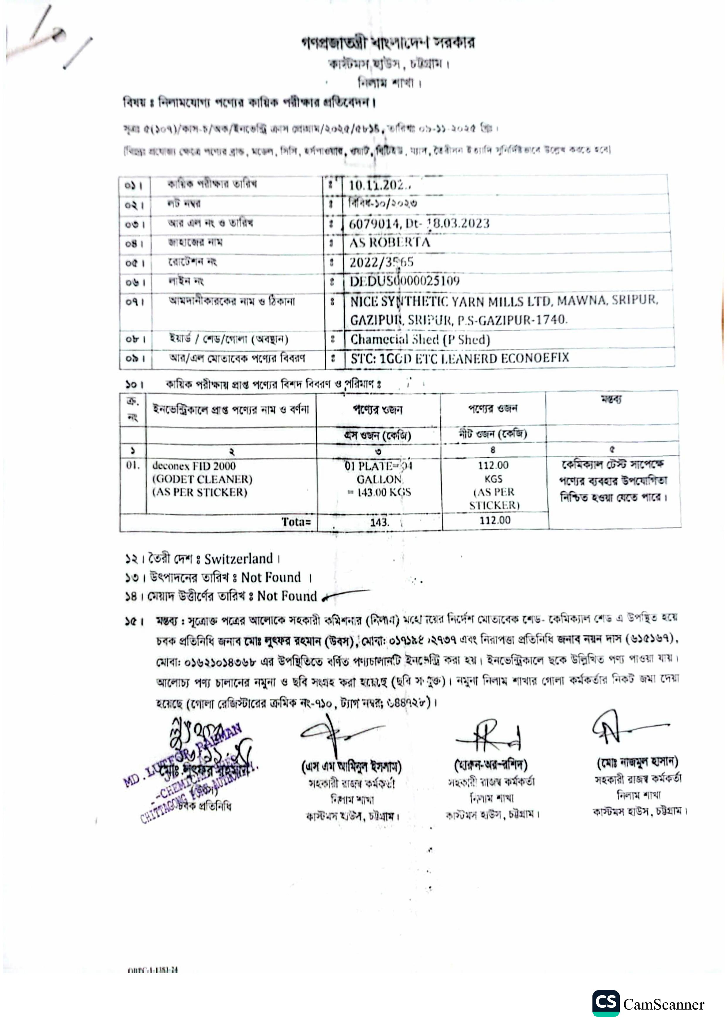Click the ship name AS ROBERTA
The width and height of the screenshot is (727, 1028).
pyautogui.click(x=390, y=243)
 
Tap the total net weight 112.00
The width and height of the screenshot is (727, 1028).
pyautogui.click(x=495, y=520)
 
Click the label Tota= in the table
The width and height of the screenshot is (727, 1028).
pyautogui.click(x=296, y=521)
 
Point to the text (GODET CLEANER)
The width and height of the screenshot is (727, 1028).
pyautogui.click(x=202, y=479)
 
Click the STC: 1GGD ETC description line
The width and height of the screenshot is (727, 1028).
pyautogui.click(x=460, y=358)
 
